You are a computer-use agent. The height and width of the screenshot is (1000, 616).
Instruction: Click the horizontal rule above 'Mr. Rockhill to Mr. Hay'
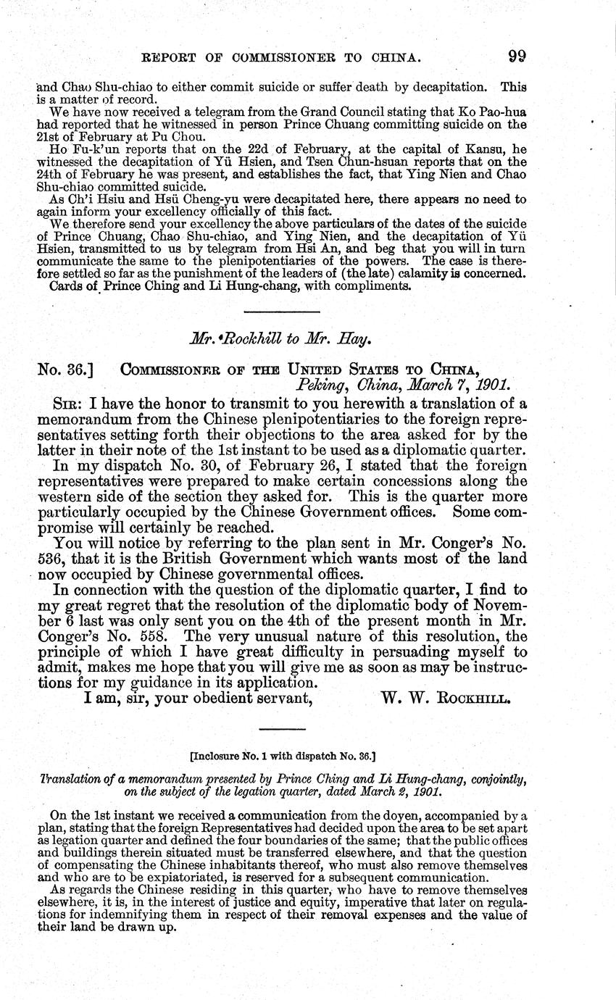282,312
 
